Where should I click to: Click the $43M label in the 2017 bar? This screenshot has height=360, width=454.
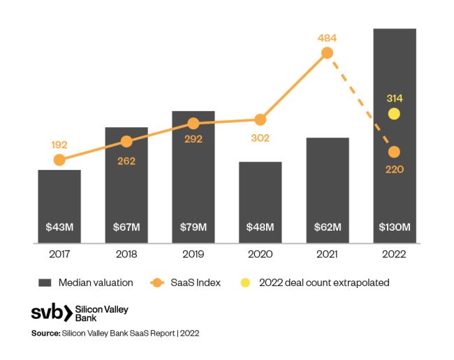(59, 226)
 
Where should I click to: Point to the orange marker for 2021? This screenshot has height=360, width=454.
(327, 54)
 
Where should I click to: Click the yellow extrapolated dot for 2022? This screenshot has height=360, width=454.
(395, 113)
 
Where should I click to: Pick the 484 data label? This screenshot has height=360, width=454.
(327, 36)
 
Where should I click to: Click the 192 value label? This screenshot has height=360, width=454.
(59, 145)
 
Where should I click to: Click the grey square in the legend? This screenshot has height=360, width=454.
(45, 283)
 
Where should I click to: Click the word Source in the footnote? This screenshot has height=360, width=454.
(45, 333)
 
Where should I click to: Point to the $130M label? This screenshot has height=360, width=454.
(395, 226)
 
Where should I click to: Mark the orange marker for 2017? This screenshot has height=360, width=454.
(59, 160)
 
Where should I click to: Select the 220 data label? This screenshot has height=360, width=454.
(395, 168)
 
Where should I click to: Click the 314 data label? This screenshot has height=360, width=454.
(395, 99)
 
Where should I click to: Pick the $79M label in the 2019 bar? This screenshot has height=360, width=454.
(193, 226)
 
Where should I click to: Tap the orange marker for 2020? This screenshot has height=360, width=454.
(261, 120)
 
